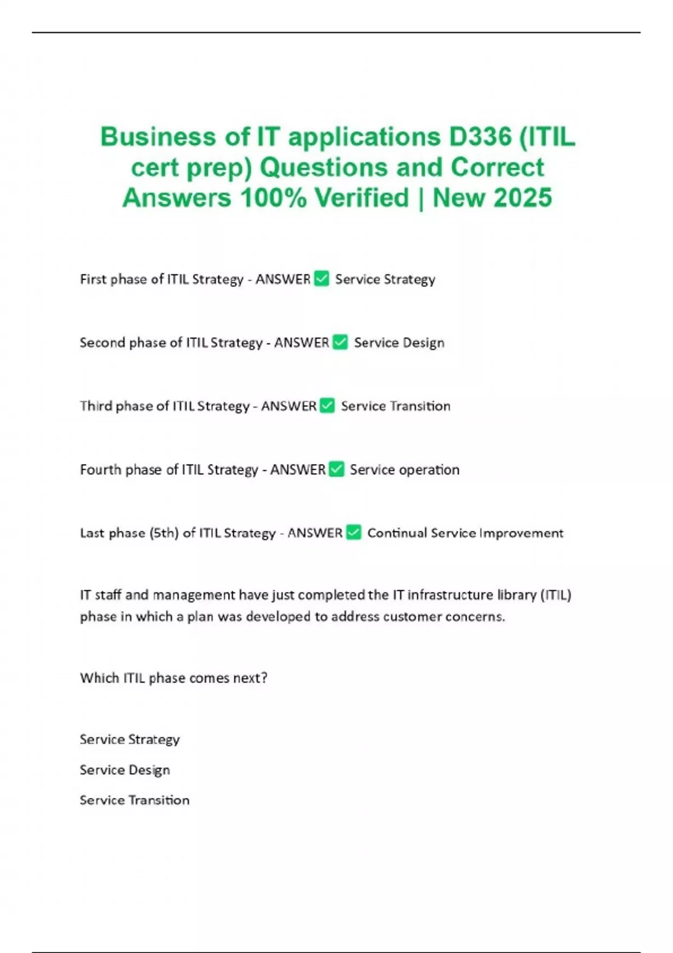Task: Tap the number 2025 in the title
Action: [x=520, y=198]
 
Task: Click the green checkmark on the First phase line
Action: [x=322, y=279]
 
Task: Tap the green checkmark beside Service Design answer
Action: [x=340, y=342]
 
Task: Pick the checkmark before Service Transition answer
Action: [x=328, y=405]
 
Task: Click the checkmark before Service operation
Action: [x=336, y=469]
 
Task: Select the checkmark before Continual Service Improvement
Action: [x=354, y=533]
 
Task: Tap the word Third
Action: [x=96, y=406]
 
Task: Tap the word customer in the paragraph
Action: [x=414, y=617]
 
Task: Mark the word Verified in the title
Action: [x=362, y=198]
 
